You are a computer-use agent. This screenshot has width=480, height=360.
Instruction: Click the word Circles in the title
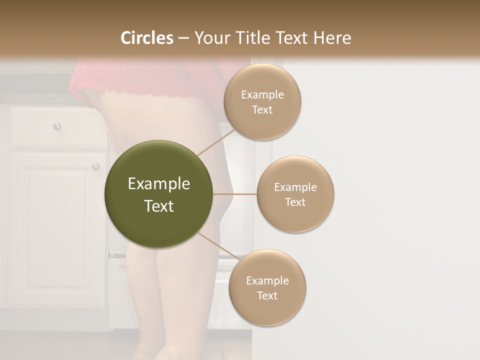tap(146, 37)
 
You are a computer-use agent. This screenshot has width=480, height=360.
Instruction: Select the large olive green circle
tap(158, 194)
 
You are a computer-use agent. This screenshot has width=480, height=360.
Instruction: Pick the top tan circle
tap(262, 102)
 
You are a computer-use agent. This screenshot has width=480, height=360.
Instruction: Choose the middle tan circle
tap(295, 194)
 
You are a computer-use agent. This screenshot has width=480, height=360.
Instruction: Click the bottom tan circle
tap(267, 287)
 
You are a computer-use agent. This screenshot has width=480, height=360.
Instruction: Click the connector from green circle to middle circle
tap(234, 194)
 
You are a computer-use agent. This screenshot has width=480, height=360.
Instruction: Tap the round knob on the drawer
tap(57, 126)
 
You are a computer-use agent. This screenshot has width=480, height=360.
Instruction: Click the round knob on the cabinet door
tap(95, 166)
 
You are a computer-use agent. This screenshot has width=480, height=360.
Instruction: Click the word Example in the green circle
tap(158, 184)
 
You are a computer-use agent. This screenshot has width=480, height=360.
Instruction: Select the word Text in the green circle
tap(158, 205)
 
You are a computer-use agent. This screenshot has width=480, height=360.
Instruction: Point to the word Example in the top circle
tap(262, 95)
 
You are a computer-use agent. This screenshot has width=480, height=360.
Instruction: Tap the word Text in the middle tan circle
tap(295, 202)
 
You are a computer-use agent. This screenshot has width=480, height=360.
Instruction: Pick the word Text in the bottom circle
tap(267, 295)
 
